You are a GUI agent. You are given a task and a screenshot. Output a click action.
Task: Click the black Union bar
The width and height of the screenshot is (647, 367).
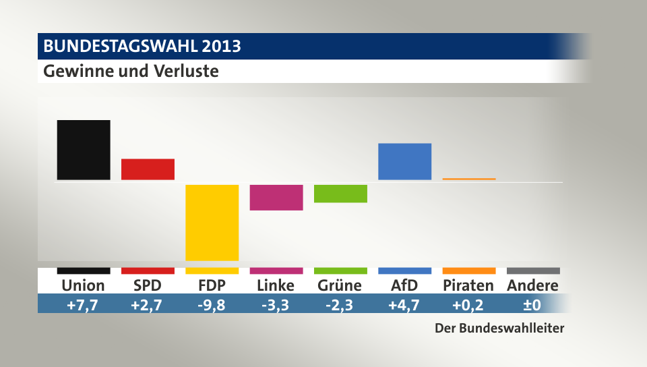pos(84,150)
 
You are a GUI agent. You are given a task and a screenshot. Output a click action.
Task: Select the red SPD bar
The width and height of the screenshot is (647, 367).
pos(148,169)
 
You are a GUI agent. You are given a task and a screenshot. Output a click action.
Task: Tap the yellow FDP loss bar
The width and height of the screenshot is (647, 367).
pos(212,222)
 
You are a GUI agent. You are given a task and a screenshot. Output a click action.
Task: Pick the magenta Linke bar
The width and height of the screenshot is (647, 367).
pos(276,197)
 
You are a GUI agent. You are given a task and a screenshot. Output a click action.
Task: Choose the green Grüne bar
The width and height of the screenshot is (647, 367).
pos(340,193)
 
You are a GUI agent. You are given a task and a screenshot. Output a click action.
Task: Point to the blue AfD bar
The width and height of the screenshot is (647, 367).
pos(404,161)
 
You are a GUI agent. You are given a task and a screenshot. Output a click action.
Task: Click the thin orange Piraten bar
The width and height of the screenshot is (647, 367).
pos(469,179)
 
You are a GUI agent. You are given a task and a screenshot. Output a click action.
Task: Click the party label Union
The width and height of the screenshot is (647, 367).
pos(83,285)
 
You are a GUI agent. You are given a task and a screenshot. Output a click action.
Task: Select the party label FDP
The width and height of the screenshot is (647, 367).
pos(212,285)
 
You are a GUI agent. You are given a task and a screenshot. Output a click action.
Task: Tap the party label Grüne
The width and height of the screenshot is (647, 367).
pos(340,285)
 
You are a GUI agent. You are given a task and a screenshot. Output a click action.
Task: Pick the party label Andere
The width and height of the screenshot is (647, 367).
pos(532,285)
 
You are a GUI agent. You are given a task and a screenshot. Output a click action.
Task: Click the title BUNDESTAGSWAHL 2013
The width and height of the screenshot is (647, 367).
pos(142,47)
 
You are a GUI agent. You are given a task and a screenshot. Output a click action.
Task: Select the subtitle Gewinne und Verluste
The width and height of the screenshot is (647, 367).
pos(131,71)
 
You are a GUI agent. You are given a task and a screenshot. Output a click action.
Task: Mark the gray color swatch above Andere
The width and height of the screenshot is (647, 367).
pos(533,271)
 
